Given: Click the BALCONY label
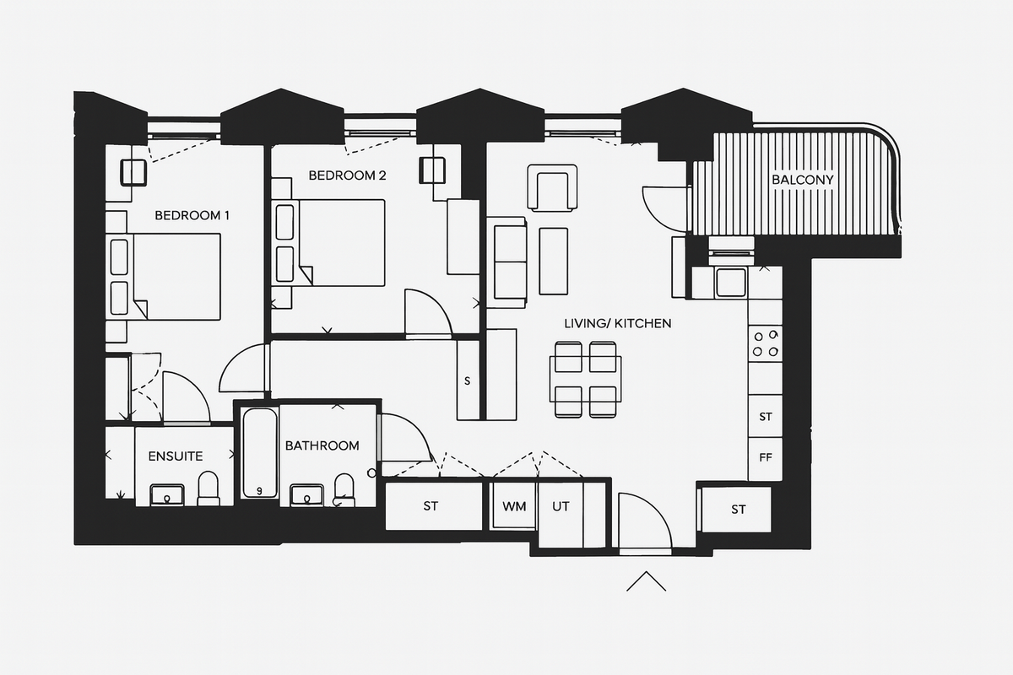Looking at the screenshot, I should [x=802, y=180].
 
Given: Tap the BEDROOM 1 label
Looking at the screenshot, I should [x=192, y=216].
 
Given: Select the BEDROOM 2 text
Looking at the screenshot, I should [x=347, y=176].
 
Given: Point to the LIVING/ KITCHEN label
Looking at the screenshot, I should [x=618, y=323].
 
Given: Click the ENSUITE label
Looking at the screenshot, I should [x=176, y=456].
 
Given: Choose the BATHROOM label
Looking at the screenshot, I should [x=322, y=445].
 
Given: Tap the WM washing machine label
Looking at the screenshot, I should [x=514, y=507].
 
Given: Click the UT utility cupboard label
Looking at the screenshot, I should [x=561, y=507].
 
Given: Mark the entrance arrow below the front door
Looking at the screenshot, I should [x=647, y=581].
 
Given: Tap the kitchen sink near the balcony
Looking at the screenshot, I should [x=730, y=282].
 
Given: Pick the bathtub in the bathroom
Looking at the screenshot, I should [x=259, y=454].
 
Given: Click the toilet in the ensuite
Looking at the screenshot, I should [x=209, y=488].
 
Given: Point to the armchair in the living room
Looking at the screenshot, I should [x=552, y=188].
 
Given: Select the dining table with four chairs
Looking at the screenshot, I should [x=585, y=379].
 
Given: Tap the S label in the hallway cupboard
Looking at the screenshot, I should [x=467, y=381].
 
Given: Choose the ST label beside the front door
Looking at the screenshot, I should [x=739, y=510].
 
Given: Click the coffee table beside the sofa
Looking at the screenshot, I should [x=553, y=261].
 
